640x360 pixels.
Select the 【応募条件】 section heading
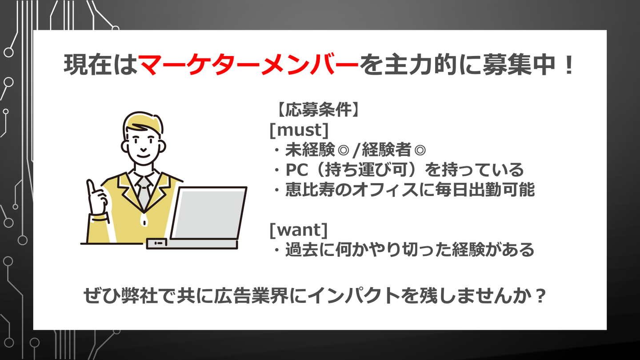click(317, 110)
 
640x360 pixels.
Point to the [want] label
click(299, 230)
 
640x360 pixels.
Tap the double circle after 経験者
click(420, 150)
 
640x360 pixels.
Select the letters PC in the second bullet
click(297, 170)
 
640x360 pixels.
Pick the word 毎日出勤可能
click(485, 190)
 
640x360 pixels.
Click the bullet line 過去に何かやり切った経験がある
click(410, 250)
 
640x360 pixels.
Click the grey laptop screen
click(209, 214)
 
